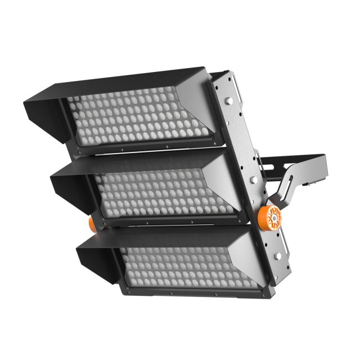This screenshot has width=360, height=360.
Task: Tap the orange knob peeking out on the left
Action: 91,224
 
